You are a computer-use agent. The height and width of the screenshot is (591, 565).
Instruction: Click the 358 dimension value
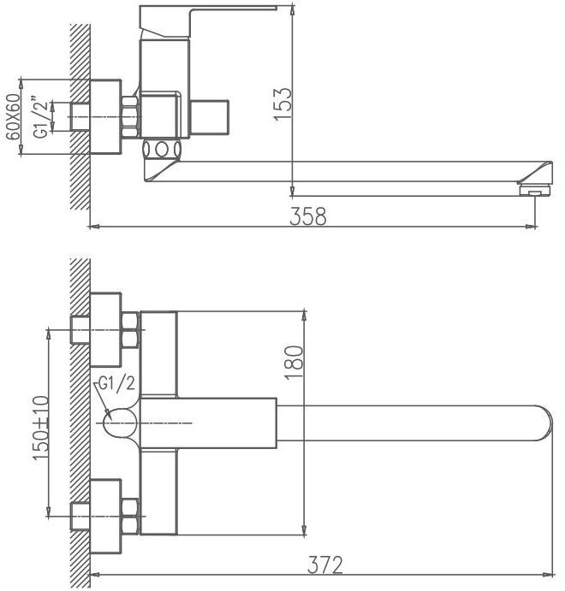pyautogui.click(x=308, y=216)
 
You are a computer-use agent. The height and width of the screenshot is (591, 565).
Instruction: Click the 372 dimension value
pyautogui.click(x=325, y=564)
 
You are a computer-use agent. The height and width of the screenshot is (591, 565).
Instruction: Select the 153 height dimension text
pyautogui.click(x=282, y=104)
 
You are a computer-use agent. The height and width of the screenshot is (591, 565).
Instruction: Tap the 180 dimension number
pyautogui.click(x=294, y=363)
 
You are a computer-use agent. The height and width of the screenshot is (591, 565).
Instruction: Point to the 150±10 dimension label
pyautogui.click(x=41, y=428)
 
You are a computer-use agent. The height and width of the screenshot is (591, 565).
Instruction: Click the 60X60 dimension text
pyautogui.click(x=13, y=116)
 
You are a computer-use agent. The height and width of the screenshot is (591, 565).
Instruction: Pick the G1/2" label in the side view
pyautogui.click(x=41, y=118)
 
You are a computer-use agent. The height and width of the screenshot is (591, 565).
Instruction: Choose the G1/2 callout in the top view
pyautogui.click(x=116, y=384)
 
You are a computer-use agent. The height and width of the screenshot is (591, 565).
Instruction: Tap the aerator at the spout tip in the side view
pyautogui.click(x=536, y=189)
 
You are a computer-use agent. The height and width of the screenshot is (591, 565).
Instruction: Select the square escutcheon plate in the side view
pyautogui.click(x=105, y=116)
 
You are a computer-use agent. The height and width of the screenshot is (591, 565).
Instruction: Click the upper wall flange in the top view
pyautogui.click(x=105, y=330)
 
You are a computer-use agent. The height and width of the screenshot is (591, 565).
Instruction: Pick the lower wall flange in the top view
pyautogui.click(x=105, y=517)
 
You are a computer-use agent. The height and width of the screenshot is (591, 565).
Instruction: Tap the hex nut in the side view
pyautogui.click(x=130, y=117)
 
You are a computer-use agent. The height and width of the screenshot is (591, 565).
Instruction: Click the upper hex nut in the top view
pyautogui.click(x=130, y=330)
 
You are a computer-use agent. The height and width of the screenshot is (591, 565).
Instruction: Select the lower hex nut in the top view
pyautogui.click(x=130, y=517)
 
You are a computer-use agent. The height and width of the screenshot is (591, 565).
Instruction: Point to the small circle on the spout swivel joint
pyautogui.click(x=162, y=150)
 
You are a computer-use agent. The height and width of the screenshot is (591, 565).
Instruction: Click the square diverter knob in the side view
pyautogui.click(x=210, y=117)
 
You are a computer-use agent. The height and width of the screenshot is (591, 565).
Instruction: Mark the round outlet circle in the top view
pyautogui.click(x=120, y=423)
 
